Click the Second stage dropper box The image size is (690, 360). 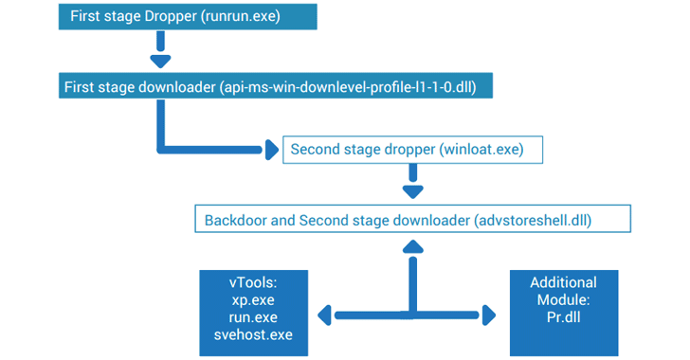click(x=414, y=150)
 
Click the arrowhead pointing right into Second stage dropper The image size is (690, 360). click(x=271, y=150)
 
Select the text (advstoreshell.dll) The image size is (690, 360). click(x=532, y=220)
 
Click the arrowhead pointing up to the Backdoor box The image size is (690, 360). click(x=412, y=245)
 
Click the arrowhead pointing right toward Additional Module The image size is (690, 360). click(x=488, y=314)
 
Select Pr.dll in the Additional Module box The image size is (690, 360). click(x=563, y=316)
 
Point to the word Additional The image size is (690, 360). click(x=563, y=282)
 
